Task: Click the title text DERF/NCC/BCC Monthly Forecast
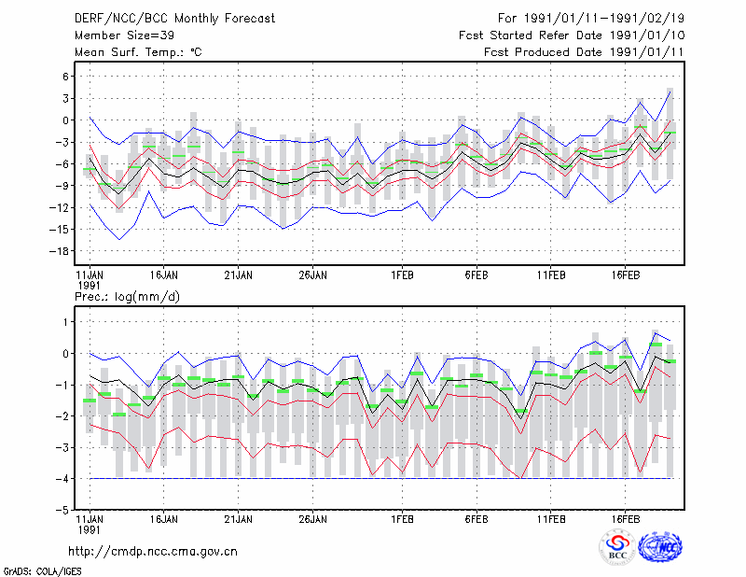point(174,19)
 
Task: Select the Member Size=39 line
point(124,35)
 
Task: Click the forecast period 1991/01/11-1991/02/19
point(591,19)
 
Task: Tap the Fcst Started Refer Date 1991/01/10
point(572,35)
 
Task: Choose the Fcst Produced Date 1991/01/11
point(585,52)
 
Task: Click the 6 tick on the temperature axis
point(65,77)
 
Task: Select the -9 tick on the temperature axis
point(62,186)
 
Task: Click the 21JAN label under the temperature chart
point(239,275)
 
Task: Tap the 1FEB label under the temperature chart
point(403,275)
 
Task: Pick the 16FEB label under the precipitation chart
point(626,519)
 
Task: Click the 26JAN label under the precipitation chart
point(313,519)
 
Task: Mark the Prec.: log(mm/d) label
point(127,297)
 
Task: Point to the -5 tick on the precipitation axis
point(62,510)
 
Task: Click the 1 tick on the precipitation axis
point(66,322)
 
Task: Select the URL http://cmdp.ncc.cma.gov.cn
point(153,552)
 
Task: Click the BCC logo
point(617,548)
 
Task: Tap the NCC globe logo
point(661,547)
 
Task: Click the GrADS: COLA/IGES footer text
point(42,571)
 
